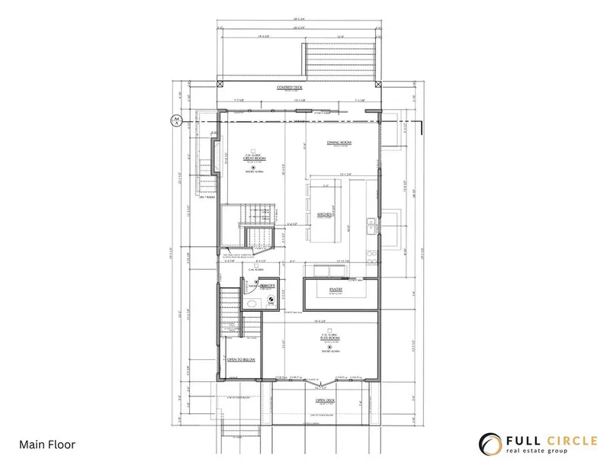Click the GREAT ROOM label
(254, 159)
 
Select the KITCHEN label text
(324, 214)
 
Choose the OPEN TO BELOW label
(240, 358)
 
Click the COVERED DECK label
(289, 88)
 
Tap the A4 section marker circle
(175, 120)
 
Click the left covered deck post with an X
(220, 84)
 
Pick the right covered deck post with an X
(380, 84)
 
